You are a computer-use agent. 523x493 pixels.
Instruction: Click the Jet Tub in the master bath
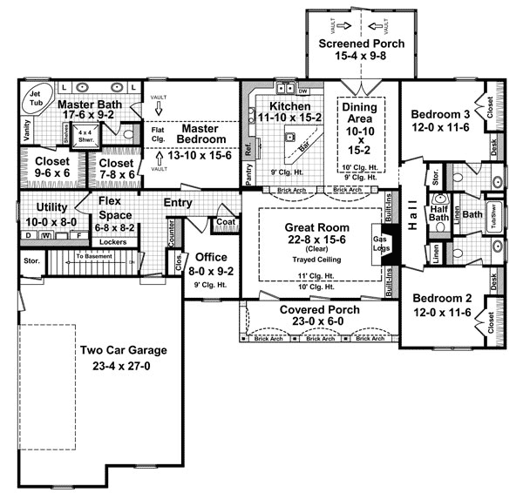[36, 98]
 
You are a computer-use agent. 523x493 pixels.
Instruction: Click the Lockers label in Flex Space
[113, 241]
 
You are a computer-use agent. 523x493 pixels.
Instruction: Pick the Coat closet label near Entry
[224, 221]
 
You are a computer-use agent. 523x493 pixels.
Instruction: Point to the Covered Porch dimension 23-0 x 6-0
[316, 322]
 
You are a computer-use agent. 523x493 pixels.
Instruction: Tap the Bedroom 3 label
[440, 114]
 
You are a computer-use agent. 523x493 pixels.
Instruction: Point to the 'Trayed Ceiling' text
[310, 260]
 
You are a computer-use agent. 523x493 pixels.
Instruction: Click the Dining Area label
[359, 113]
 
